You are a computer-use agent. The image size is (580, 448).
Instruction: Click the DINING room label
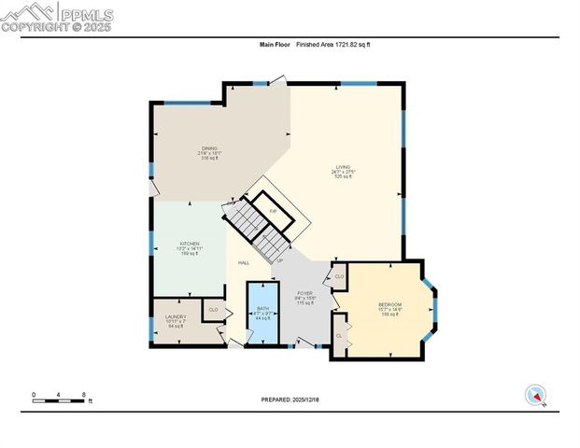[x=209, y=147]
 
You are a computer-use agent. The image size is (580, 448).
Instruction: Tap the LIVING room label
[x=343, y=167]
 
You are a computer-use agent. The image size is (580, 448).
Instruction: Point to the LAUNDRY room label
[x=176, y=317]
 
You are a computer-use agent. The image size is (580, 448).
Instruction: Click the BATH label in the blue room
[x=262, y=308]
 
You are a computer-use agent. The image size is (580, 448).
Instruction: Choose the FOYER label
[x=304, y=293]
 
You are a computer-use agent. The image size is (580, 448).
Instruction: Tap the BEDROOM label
[x=389, y=305]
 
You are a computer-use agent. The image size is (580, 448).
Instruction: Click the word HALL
[x=243, y=263]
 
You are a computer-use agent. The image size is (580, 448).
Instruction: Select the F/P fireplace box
[x=273, y=212]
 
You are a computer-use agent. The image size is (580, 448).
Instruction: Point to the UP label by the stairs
[x=279, y=260]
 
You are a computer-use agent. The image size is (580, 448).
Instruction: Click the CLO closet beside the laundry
[x=213, y=310]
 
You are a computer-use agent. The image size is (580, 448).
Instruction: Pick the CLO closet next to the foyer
[x=339, y=276]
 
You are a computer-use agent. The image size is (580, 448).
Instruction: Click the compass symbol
[x=536, y=395]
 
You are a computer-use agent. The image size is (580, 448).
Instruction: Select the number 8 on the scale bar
[x=85, y=395]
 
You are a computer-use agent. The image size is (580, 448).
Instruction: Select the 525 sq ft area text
[x=343, y=176]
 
